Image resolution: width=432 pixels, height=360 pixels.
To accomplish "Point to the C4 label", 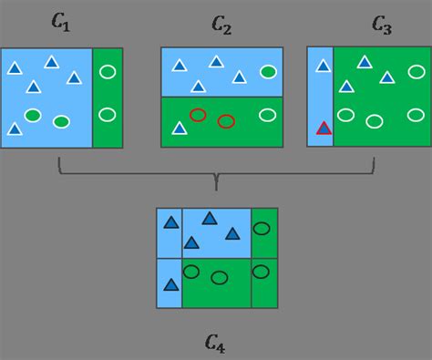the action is [215, 343].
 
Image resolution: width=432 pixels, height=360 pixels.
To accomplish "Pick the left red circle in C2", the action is [198, 115].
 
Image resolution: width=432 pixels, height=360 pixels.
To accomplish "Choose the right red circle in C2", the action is [226, 121].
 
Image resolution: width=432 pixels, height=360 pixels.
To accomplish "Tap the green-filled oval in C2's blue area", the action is [268, 71].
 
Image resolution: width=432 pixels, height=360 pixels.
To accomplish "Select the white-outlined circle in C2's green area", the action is [267, 115].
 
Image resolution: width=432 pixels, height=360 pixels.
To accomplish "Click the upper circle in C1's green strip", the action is [107, 71].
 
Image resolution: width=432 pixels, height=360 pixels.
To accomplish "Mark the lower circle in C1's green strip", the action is [107, 114].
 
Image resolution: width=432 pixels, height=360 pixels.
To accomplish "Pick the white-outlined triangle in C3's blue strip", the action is [323, 66].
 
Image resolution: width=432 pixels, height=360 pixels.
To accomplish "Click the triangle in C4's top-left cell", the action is [170, 222].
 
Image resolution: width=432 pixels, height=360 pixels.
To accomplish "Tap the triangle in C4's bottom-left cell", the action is [170, 284].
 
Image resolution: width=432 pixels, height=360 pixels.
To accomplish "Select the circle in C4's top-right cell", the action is [262, 228].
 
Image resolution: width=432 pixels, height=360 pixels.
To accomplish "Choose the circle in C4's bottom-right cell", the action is [262, 271].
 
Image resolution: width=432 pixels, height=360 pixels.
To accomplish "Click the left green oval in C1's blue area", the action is [33, 115].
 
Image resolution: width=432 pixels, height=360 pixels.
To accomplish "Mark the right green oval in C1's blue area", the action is [62, 121].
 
